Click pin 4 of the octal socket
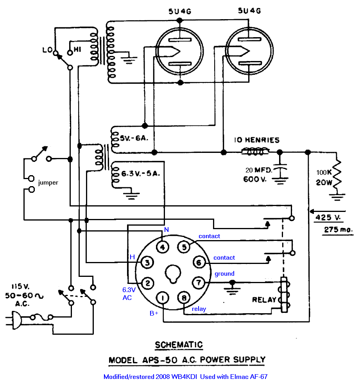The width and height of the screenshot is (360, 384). point(163,247)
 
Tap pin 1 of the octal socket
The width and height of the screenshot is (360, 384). point(163,299)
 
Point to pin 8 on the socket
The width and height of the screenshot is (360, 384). point(184,299)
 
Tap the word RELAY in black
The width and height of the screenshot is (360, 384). point(264,300)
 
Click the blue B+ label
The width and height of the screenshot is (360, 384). point(154,313)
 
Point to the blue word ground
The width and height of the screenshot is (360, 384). point(224,274)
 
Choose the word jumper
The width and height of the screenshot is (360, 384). point(48,183)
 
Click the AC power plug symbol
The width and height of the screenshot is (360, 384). point(15,320)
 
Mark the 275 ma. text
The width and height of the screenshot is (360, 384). point(338,230)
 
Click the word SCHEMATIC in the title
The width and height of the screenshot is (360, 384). point(179,345)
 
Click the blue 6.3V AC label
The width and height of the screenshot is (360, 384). point(129,293)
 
